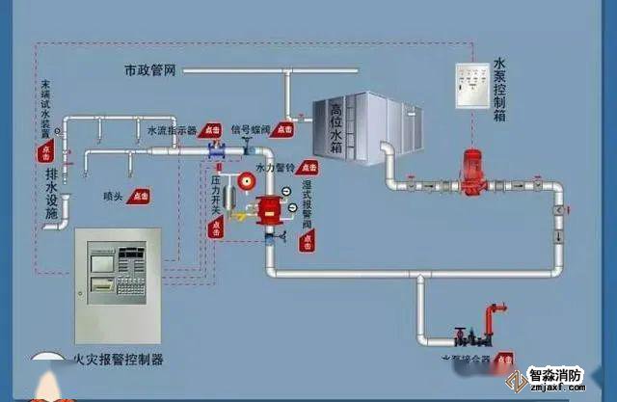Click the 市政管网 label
152,70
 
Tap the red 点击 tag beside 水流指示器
212,129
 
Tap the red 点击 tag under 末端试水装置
45,151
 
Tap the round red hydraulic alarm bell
246,179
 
